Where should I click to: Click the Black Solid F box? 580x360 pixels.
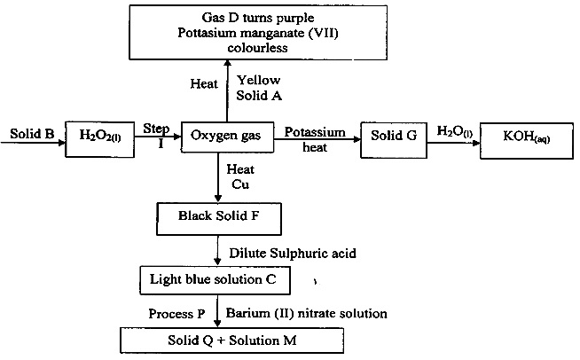(x=218, y=215)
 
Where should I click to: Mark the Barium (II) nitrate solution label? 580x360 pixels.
(x=307, y=313)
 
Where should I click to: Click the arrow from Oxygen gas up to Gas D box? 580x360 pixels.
(x=227, y=89)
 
